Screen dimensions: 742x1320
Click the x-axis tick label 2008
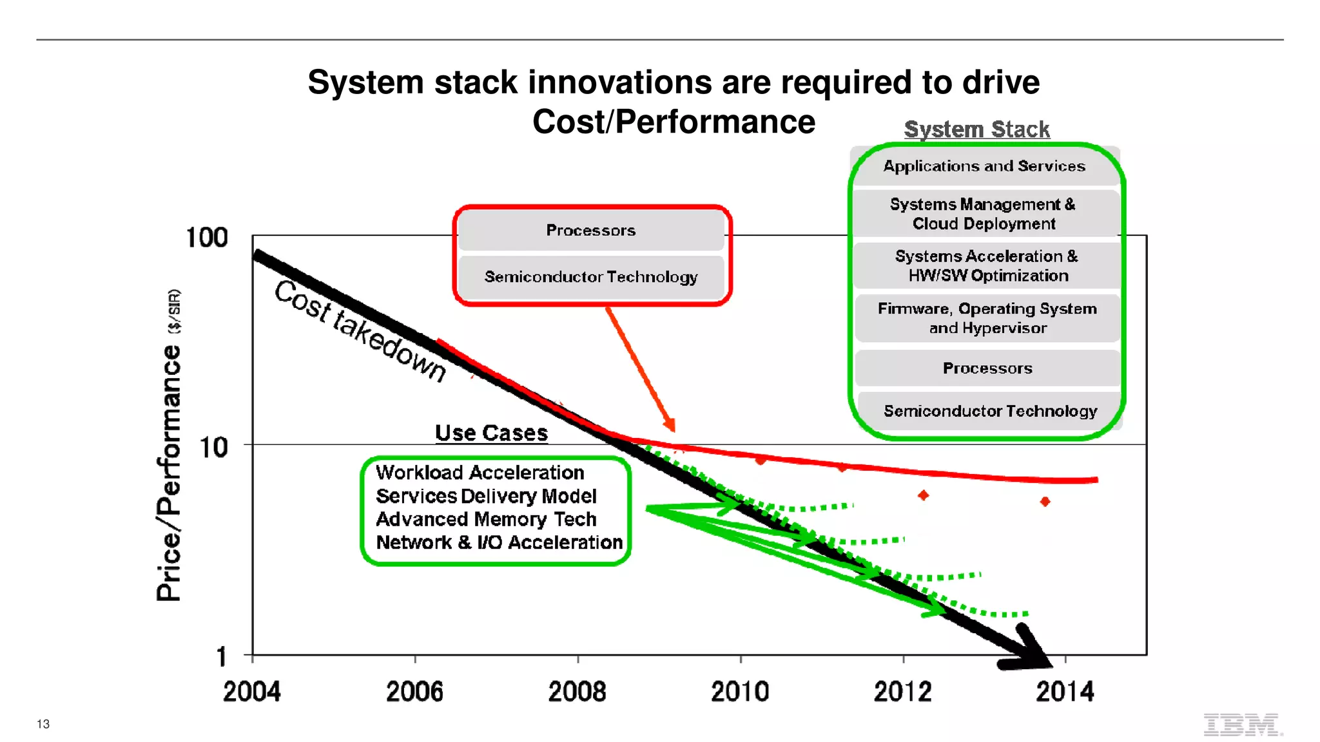pos(577,692)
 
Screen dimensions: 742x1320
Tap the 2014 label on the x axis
pos(1065,692)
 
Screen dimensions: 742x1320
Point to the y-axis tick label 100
pos(207,238)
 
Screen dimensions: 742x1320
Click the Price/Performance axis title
pos(169,473)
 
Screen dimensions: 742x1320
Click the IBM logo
pos(1242,725)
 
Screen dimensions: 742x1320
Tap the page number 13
pos(43,724)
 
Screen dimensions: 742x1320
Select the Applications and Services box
pos(984,166)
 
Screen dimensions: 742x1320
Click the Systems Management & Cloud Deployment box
pos(984,214)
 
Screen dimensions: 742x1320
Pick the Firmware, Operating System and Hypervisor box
pos(987,318)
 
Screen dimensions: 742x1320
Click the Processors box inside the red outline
pos(591,231)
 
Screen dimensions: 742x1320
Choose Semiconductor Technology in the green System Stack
pos(989,411)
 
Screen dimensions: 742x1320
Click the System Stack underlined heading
pos(976,129)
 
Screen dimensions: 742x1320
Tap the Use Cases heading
pos(491,433)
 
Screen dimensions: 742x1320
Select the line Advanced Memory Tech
pos(486,519)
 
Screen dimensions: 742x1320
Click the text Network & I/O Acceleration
pos(500,542)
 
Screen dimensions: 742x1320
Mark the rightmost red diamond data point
pos(1045,501)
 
